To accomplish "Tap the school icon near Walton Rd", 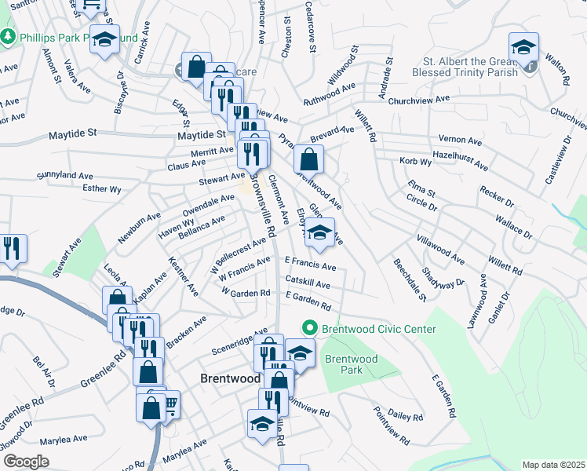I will point(523,46).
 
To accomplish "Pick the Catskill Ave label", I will point(308,281).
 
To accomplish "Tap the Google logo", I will point(26,461).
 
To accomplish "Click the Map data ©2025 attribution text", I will point(554,465).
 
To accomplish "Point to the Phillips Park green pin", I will point(8,37).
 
